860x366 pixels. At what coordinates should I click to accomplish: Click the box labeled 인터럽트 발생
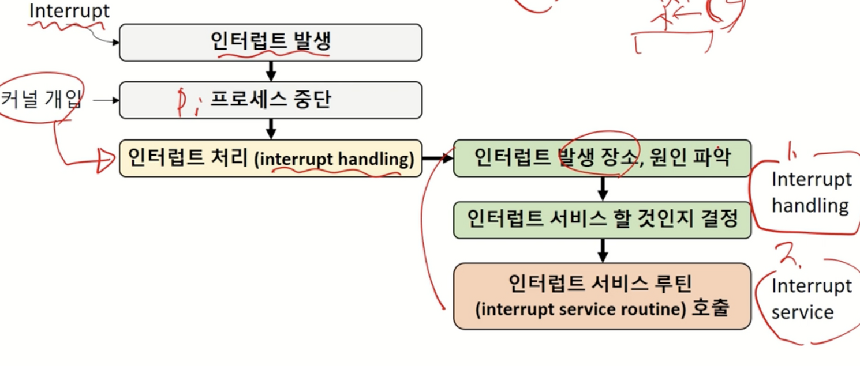click(270, 42)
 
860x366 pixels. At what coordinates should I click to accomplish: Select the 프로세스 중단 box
click(270, 100)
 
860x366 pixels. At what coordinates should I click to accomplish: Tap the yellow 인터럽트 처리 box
click(270, 158)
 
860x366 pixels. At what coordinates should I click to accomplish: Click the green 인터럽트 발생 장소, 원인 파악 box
click(602, 158)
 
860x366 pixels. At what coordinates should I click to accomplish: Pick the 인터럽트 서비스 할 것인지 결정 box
click(602, 220)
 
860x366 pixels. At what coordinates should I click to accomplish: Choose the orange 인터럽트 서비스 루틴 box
click(602, 296)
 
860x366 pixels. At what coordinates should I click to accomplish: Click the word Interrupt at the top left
click(69, 11)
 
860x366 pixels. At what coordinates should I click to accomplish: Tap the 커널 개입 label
click(41, 100)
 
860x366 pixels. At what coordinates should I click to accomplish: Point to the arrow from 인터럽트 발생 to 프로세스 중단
click(271, 71)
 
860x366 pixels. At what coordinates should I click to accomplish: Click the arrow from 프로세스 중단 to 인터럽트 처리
click(271, 129)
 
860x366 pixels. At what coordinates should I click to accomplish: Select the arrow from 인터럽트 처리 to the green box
click(438, 158)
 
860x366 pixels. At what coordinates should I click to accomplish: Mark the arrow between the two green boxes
click(603, 188)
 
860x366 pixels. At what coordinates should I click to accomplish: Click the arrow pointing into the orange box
click(603, 250)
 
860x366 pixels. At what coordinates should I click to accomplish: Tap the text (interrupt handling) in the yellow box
click(334, 160)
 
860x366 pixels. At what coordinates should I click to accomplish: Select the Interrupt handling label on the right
click(810, 193)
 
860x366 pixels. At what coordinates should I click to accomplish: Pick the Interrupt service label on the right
click(810, 299)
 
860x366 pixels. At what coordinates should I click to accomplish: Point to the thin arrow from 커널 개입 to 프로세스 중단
click(106, 100)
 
